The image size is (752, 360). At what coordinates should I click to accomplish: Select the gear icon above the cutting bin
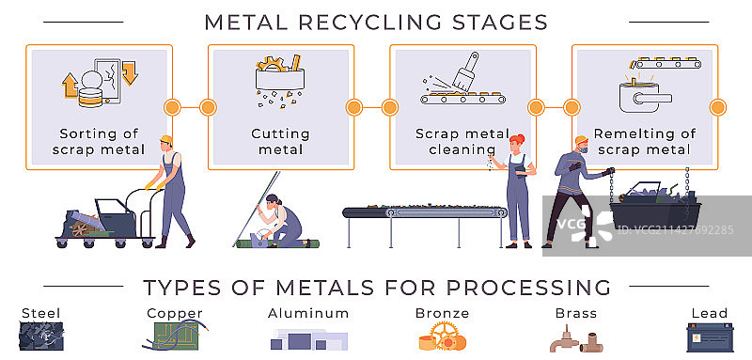tap(272, 64)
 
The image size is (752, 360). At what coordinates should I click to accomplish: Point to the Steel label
tap(41, 314)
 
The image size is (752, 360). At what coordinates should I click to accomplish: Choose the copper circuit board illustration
tap(176, 336)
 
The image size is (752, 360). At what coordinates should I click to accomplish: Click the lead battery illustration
tap(710, 337)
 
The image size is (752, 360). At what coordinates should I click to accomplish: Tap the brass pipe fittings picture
tap(576, 339)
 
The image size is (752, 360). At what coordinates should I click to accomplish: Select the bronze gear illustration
tap(442, 337)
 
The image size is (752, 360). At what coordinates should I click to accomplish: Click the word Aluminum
tap(308, 314)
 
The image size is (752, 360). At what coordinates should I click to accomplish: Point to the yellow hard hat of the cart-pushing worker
tap(166, 140)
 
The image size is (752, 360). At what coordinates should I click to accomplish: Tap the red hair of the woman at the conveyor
tap(516, 141)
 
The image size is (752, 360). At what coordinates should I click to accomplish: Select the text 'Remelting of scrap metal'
tap(644, 141)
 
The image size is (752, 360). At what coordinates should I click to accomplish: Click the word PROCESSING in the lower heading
tap(528, 287)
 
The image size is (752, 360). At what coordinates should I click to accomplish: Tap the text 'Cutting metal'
tap(280, 141)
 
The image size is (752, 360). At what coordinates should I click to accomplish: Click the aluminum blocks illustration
tap(308, 339)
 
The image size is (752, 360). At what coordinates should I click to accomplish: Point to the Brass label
tap(576, 314)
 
